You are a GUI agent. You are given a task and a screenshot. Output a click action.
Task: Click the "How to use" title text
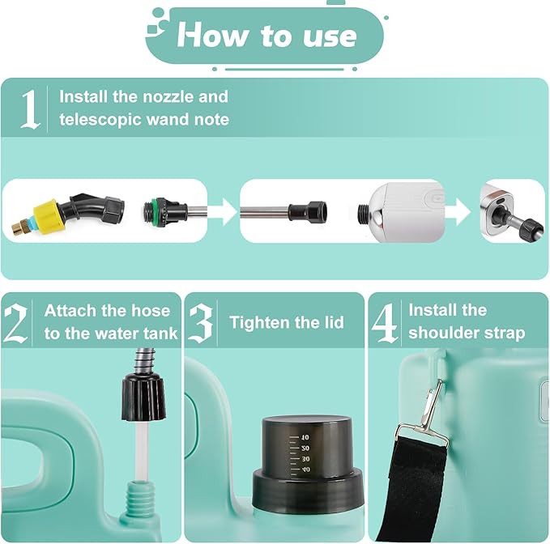point(266,35)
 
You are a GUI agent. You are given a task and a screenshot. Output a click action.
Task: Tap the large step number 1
point(30,108)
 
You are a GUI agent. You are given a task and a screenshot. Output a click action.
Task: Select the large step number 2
point(17,323)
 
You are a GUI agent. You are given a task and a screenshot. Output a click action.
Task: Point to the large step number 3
point(201,323)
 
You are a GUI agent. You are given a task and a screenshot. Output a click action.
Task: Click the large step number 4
point(385,323)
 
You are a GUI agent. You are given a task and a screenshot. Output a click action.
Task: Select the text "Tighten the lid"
point(286,322)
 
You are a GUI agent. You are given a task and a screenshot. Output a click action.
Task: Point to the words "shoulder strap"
point(467,333)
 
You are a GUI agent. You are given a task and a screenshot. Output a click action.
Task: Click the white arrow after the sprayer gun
point(458,211)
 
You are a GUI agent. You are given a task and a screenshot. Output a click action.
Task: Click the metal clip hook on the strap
point(428,414)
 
